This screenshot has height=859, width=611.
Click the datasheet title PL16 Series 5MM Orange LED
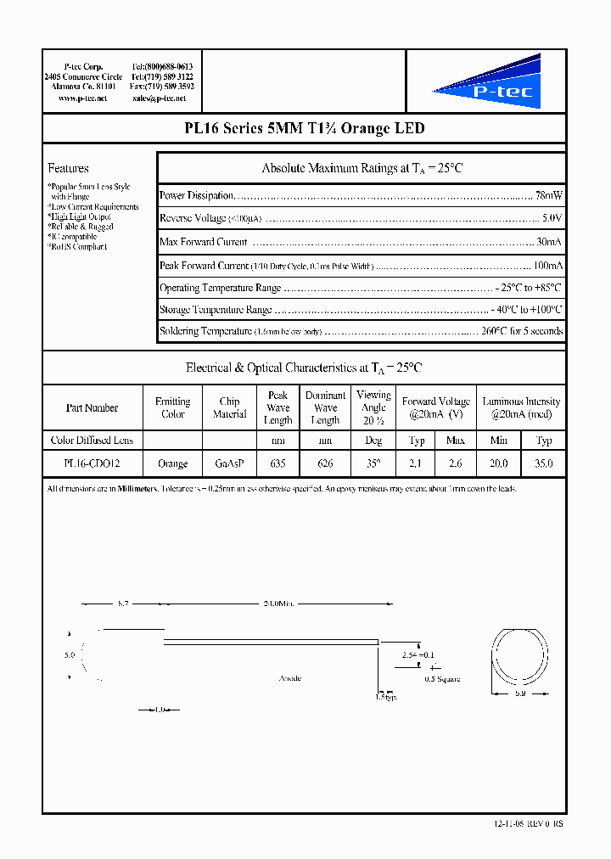(304, 129)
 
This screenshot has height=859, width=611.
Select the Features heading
(68, 168)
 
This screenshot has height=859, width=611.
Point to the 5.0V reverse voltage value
(552, 218)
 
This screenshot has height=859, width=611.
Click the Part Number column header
(92, 408)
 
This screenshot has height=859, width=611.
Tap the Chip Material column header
(229, 408)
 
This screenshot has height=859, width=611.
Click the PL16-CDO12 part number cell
(92, 464)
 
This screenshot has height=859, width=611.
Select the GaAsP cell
(229, 464)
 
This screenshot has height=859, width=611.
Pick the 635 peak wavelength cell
(277, 464)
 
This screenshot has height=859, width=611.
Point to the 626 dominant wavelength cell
(325, 464)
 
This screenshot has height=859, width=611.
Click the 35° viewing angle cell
(373, 464)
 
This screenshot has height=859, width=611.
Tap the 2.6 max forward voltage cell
(456, 464)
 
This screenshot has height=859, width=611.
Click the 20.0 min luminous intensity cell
(499, 464)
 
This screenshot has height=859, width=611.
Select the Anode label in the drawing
(290, 678)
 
